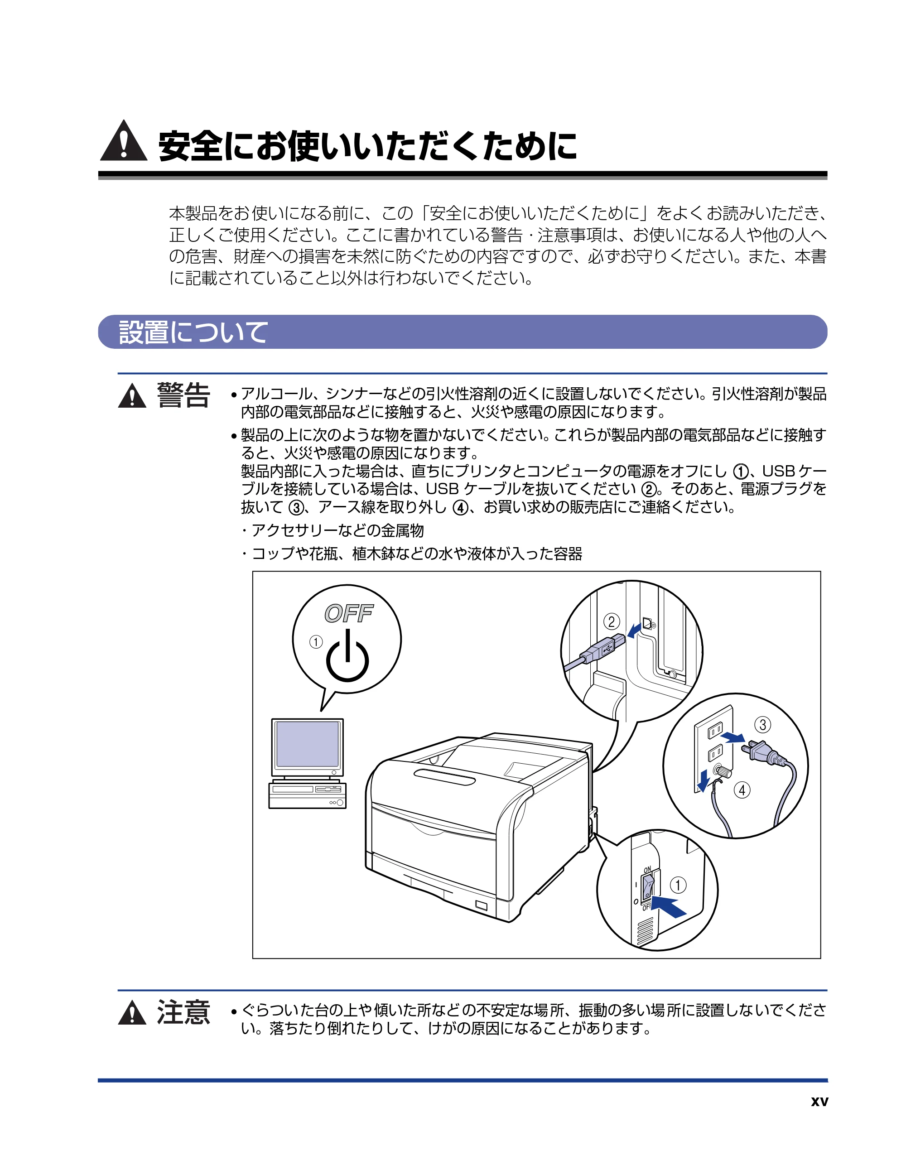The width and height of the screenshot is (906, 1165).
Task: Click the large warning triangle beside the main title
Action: click(123, 142)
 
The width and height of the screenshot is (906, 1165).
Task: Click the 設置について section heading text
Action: click(193, 332)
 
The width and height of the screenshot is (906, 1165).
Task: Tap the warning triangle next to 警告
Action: click(132, 396)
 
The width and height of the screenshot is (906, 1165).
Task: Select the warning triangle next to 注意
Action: click(132, 1012)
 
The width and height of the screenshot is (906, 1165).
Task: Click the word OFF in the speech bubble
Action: click(348, 613)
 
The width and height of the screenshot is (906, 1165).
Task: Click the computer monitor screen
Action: click(307, 745)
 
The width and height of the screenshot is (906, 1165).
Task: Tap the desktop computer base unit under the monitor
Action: click(307, 795)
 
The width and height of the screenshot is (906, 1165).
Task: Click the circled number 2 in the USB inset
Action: click(612, 621)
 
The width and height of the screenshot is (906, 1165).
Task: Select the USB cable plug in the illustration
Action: click(603, 648)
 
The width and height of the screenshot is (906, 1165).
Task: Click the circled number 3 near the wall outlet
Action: click(762, 725)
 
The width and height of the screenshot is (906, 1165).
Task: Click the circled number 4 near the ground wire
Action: click(742, 790)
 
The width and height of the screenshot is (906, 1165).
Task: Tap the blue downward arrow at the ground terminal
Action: click(703, 780)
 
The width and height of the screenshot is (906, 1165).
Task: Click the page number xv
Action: click(819, 1102)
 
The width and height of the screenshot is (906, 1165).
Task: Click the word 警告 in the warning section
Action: click(183, 395)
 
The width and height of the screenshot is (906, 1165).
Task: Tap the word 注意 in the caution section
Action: click(183, 1012)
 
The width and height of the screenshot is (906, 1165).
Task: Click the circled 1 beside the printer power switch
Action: click(678, 886)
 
